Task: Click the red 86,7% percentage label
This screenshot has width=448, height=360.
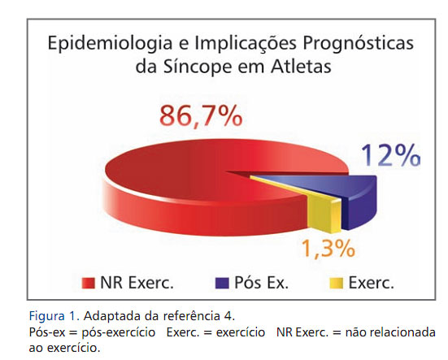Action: pos(201,116)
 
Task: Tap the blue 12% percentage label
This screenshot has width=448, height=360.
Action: pos(390,155)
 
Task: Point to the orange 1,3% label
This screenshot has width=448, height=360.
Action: pos(328,249)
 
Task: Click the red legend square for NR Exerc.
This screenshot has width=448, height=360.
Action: pos(88,283)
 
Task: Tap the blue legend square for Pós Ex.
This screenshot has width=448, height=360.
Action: pos(222,283)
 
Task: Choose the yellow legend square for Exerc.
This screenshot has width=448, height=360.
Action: pos(336,283)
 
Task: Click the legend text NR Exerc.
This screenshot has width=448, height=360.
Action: pos(137,283)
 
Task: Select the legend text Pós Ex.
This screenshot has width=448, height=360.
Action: pos(262,283)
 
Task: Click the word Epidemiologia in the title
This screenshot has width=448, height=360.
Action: pos(110,43)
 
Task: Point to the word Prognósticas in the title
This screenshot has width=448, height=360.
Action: pos(358,43)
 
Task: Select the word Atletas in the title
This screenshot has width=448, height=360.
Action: pos(301,67)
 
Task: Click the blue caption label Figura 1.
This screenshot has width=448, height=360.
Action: pos(54,316)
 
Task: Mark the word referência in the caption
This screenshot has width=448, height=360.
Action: pos(191,316)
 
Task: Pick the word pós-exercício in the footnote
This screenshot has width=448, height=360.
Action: pos(118,332)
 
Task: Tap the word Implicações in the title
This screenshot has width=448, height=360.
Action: pos(246,44)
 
